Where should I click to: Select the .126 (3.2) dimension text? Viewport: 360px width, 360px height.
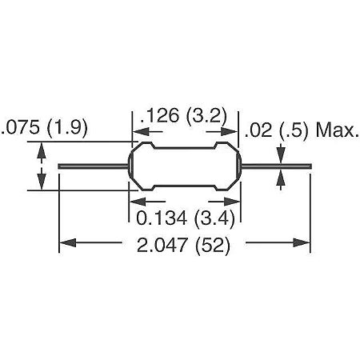[183, 117]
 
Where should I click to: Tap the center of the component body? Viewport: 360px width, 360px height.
[186, 166]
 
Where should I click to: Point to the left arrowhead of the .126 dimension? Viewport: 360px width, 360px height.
[137, 133]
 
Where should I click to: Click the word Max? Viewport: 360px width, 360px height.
[338, 129]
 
